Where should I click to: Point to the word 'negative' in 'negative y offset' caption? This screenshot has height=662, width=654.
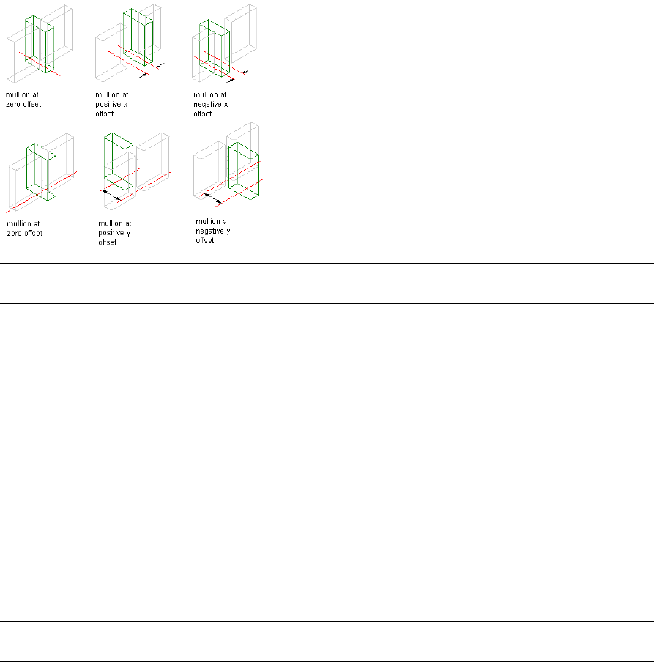tap(210, 231)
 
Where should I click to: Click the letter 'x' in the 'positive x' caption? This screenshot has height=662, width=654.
tap(125, 104)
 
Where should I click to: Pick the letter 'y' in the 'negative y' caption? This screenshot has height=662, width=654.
tap(228, 231)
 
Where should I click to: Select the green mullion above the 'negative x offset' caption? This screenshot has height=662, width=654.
tap(215, 48)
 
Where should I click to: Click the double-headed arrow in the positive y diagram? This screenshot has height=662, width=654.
tap(111, 195)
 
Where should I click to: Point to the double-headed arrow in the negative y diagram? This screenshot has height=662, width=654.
tap(213, 198)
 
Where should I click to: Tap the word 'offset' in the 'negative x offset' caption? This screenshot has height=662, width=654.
tap(203, 114)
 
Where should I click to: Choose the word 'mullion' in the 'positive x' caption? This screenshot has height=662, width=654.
tap(108, 94)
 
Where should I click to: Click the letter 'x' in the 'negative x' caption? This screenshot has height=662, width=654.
tap(228, 104)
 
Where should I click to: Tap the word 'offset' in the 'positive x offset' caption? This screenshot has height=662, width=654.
tap(105, 114)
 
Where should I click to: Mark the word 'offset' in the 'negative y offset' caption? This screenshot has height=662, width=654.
tap(205, 240)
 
